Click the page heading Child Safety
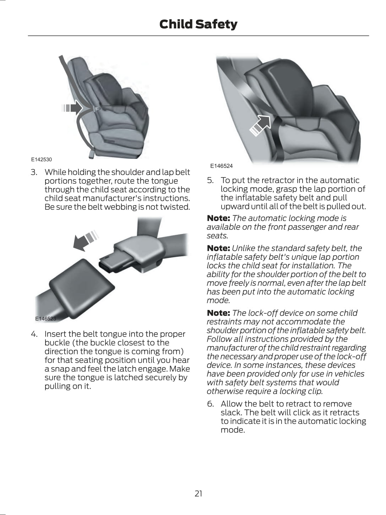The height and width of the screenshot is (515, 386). [x=198, y=24]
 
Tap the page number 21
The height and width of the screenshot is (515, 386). [x=198, y=493]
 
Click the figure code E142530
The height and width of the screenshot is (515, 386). [x=41, y=160]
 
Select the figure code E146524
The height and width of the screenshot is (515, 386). [x=221, y=166]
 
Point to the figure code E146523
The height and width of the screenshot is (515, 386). [x=45, y=319]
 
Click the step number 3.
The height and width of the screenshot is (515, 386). [x=34, y=172]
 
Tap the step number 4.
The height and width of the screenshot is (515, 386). [x=34, y=334]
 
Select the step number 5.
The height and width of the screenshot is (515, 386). [x=210, y=181]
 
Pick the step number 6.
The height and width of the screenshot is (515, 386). [x=210, y=404]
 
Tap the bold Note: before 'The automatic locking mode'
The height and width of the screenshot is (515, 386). [x=218, y=218]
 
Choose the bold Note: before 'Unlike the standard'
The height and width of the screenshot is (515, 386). [x=218, y=248]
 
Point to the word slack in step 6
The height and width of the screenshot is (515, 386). [x=231, y=413]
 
